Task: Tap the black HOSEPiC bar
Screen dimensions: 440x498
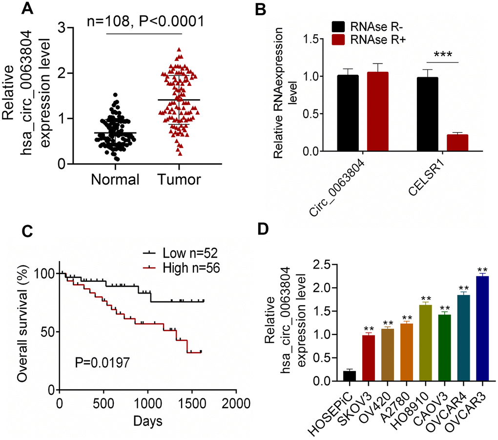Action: click(350, 376)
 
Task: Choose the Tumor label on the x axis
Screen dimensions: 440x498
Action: click(179, 180)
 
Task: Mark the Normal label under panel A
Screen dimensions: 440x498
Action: click(116, 180)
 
